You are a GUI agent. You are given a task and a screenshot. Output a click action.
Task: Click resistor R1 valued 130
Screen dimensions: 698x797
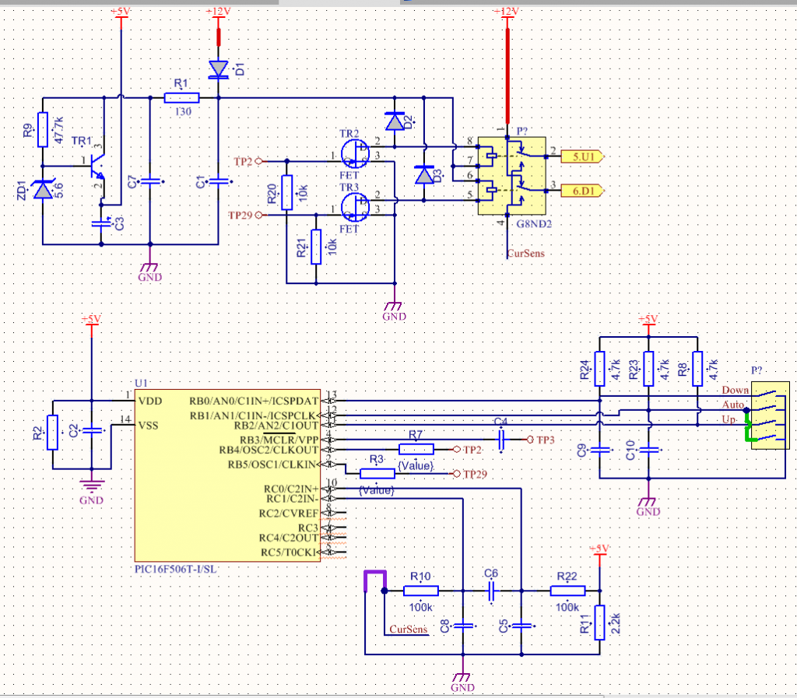point(181,98)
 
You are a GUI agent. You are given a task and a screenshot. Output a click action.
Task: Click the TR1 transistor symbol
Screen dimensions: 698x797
point(97,165)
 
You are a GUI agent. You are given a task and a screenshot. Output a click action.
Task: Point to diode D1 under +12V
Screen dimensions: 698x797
point(218,70)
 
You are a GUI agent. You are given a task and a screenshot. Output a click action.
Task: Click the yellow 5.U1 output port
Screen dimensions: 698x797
point(582,156)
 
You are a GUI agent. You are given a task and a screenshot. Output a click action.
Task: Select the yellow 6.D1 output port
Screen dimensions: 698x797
point(582,189)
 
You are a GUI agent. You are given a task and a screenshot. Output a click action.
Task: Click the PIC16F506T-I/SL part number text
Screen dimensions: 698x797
point(176,570)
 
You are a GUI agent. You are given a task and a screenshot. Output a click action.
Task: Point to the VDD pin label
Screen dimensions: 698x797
point(150,400)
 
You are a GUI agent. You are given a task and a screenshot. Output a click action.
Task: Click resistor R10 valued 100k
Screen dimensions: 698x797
point(420,591)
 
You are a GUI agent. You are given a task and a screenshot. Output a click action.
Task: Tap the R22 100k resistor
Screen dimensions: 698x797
point(567,591)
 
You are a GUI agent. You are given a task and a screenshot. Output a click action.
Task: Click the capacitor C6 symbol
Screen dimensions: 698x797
point(491,591)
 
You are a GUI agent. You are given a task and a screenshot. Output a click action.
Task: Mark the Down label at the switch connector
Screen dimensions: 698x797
point(735,390)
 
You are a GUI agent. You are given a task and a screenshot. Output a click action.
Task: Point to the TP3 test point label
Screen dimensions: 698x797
point(546,440)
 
